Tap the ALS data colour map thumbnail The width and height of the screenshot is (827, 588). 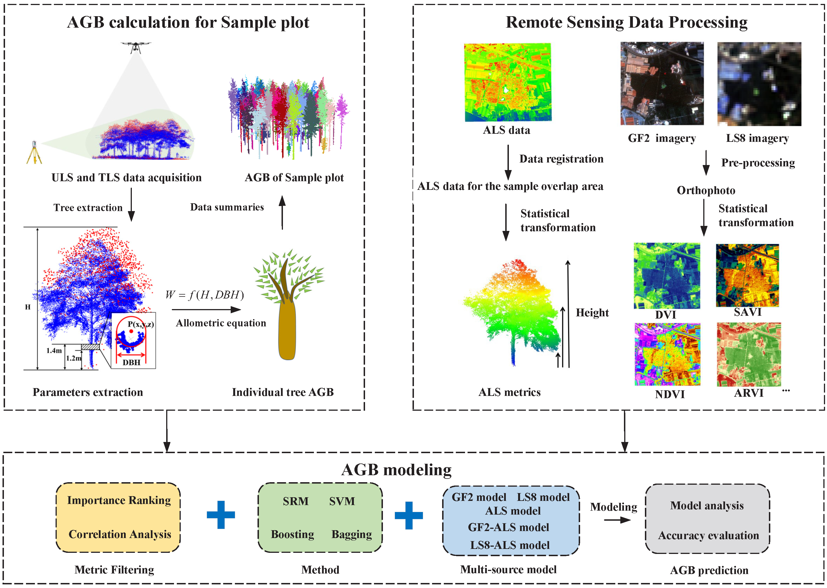(x=508, y=82)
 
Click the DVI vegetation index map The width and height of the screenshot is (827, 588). (x=667, y=276)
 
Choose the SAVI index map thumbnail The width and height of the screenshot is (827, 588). (x=747, y=275)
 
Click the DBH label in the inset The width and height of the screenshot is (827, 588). (x=132, y=362)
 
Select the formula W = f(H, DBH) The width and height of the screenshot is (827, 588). (x=204, y=295)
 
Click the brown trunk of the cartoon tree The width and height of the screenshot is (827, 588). (x=287, y=331)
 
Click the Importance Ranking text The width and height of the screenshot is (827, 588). (x=119, y=500)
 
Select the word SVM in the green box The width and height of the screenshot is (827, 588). (x=342, y=501)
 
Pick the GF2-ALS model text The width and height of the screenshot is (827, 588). (x=508, y=527)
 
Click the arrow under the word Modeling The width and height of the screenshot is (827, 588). (x=617, y=520)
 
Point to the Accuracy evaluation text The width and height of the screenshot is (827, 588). (x=708, y=536)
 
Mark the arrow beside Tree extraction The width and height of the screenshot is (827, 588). (x=132, y=205)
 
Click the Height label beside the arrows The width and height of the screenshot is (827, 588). (x=592, y=313)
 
